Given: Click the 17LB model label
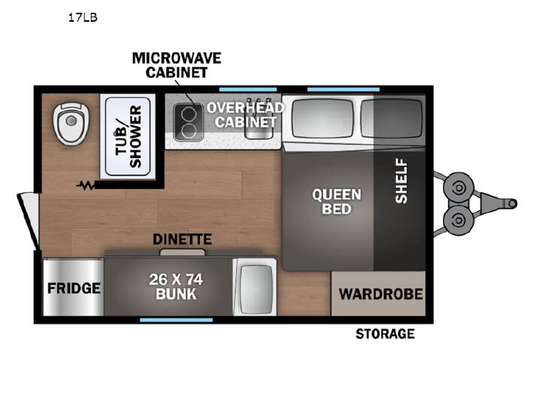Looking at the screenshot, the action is tap(83, 17).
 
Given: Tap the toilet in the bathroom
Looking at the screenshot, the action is tap(71, 123).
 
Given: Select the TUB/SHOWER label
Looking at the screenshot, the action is tap(128, 136).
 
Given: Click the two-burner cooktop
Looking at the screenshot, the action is tap(189, 122).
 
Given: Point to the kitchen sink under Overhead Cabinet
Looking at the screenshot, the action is tap(259, 124).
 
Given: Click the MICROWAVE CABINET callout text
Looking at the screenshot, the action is tap(177, 65).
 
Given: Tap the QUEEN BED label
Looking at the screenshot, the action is tap(337, 202).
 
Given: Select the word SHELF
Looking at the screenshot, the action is tap(401, 181).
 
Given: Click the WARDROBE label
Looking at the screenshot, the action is tap(381, 294).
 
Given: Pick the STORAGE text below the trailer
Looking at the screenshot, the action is tap(385, 334).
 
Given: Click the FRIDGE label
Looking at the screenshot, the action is tap(74, 288).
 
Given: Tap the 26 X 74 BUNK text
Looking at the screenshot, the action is tap(176, 286).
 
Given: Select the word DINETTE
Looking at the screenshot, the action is tap(182, 239).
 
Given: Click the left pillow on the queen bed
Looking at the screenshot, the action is tap(322, 118).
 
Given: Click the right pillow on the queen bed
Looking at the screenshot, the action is tap(391, 118).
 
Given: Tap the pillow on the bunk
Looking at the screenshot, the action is tap(255, 287).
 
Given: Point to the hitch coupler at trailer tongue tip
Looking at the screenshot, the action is tap(512, 203).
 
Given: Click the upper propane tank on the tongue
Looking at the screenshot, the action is tap(458, 188).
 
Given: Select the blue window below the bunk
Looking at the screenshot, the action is tap(177, 320).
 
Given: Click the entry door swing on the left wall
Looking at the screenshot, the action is tap(29, 220).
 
